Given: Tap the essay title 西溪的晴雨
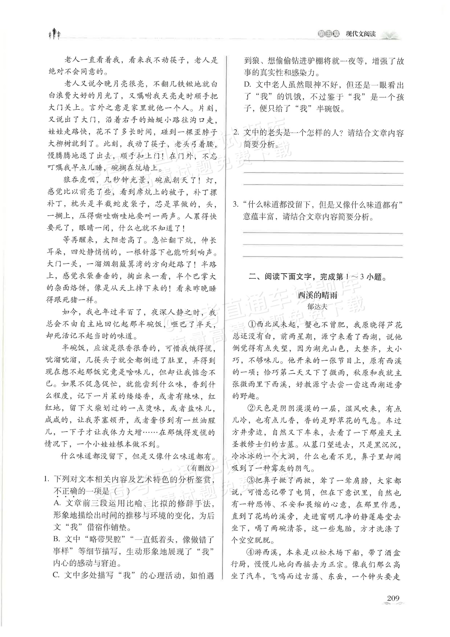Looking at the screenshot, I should click(318, 295).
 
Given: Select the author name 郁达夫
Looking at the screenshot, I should click(318, 307).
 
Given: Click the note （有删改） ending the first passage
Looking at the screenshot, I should click(200, 468).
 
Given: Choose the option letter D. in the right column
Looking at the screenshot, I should click(247, 85).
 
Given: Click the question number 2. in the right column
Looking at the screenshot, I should click(236, 133).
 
